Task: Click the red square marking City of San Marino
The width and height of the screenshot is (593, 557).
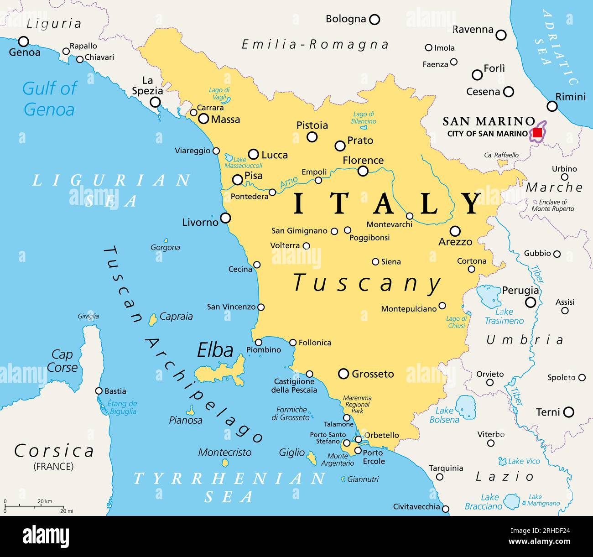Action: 537,133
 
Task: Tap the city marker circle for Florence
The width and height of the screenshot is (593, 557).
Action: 363,171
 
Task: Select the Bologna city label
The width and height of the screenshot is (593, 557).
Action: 346,19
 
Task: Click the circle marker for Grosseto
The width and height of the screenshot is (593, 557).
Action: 343,374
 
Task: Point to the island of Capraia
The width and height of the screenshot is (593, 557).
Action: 153,319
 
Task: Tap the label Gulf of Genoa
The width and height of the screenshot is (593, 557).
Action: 49,99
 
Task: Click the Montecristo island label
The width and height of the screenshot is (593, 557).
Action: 224,453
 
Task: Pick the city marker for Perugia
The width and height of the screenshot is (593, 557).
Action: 531,302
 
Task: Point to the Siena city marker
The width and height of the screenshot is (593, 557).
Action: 375,262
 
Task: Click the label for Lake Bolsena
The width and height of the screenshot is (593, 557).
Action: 444,415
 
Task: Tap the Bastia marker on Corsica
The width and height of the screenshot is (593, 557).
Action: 99,391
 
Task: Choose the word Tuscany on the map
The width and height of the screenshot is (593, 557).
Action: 367,283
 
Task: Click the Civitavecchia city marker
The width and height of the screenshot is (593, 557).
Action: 446,509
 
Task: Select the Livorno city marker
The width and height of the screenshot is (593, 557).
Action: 225,218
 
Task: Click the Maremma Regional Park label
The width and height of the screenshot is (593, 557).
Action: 357,404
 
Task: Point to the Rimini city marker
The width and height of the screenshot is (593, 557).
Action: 552,106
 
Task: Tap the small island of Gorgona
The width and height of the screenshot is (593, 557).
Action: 166,240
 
